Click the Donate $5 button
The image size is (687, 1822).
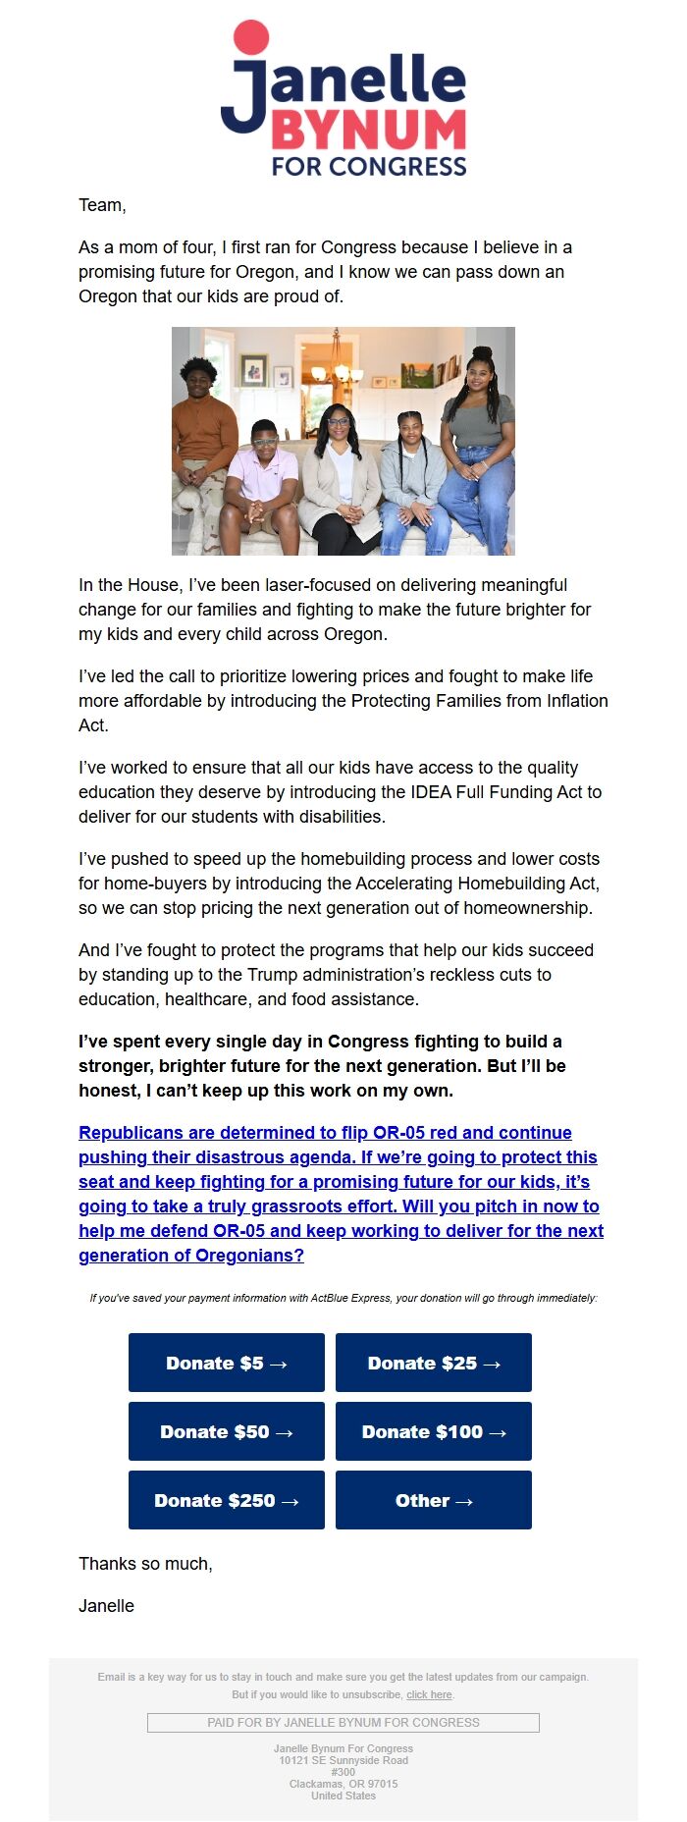(226, 1363)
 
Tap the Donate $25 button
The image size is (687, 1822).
(433, 1363)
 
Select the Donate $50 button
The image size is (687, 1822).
(226, 1431)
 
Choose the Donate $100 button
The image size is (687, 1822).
(433, 1431)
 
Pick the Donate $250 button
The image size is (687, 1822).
(226, 1500)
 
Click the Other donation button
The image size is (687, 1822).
(433, 1500)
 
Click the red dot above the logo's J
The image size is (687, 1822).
(250, 36)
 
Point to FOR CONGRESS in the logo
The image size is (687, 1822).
(369, 166)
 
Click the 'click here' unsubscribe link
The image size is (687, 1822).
(429, 1694)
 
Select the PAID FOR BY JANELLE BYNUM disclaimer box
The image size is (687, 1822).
(343, 1722)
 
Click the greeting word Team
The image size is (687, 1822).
(101, 205)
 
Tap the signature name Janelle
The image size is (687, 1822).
(106, 1606)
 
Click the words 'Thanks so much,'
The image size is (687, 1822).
(145, 1564)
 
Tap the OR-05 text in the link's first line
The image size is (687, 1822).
(398, 1133)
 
